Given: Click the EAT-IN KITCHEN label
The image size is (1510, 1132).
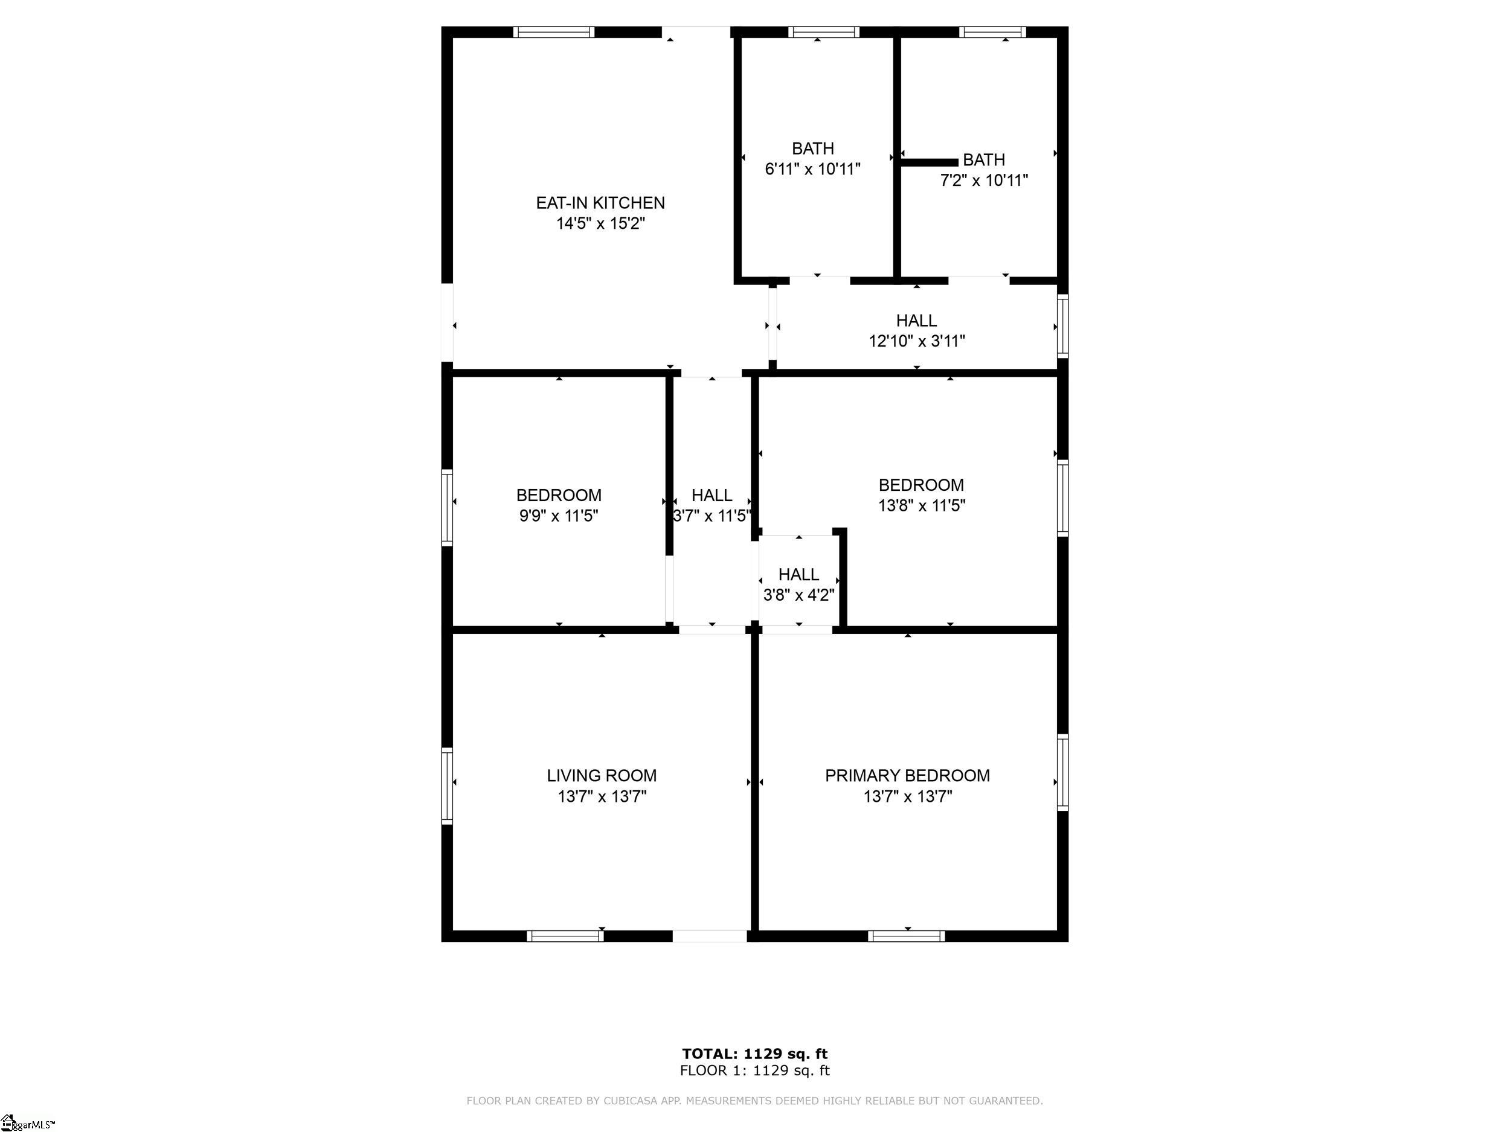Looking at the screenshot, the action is pos(600,203).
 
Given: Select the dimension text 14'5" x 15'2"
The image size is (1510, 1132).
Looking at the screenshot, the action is pos(600,223).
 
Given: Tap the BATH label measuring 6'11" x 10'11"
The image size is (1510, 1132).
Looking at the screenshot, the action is pos(812,148).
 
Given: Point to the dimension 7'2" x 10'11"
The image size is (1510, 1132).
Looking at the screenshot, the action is pos(984,180).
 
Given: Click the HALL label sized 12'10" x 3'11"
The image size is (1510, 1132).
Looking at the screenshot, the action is pos(916,320).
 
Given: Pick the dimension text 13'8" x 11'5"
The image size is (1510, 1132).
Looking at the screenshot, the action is pos(922,505).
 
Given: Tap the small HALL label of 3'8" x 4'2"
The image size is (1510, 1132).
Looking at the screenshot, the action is pos(798,575).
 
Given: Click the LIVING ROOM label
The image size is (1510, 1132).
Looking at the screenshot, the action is pos(602,775).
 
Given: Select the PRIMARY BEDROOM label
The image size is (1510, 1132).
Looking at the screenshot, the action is pos(907,775).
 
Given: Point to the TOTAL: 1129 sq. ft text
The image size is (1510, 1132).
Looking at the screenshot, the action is pos(754,1054).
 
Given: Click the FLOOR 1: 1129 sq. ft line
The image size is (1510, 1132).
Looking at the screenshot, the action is pos(754,1070).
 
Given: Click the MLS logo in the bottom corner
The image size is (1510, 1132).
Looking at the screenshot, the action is pos(27,1122).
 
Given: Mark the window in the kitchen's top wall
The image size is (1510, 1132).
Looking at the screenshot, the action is pos(554,32).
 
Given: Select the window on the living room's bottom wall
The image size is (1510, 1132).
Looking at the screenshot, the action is pos(565,936).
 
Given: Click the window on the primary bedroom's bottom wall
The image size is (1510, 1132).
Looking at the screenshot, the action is pos(907,936).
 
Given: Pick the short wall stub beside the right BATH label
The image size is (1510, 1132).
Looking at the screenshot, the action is pos(929,162).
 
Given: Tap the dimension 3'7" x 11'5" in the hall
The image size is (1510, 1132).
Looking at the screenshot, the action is pos(712,516).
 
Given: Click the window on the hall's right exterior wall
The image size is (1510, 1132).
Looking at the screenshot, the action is pos(1063,325).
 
